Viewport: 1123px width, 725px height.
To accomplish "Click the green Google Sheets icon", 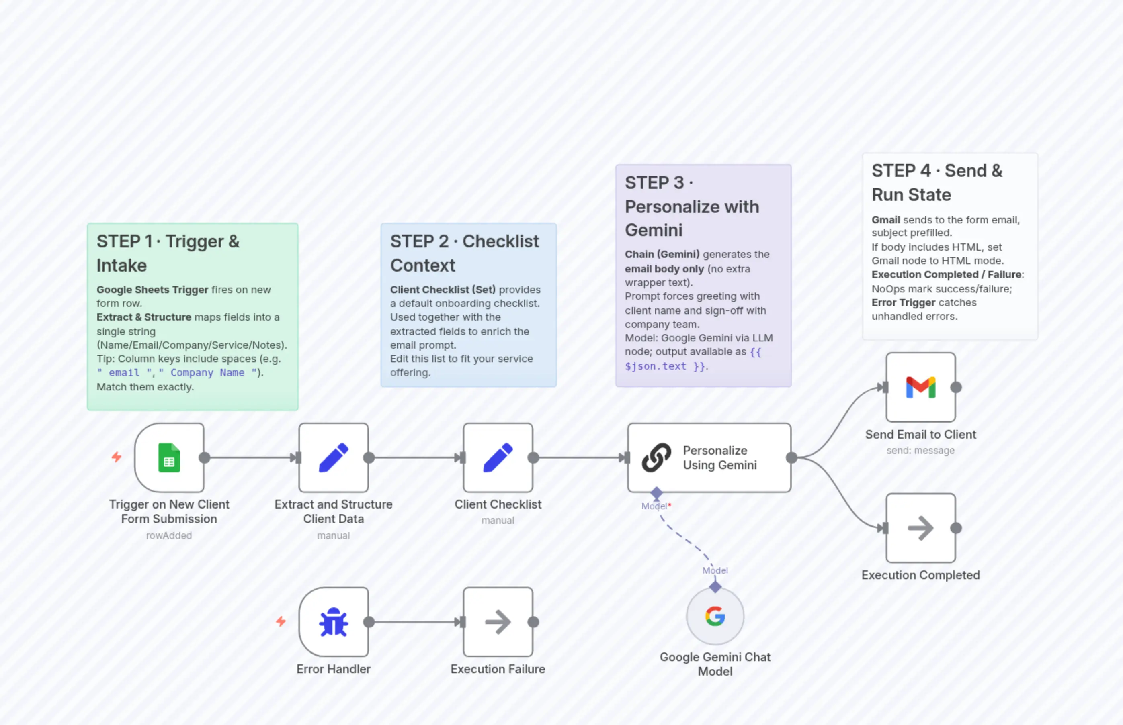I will [x=169, y=457].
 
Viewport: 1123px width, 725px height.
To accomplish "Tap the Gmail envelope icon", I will [x=920, y=388].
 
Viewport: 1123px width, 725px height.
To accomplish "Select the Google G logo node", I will [x=715, y=616].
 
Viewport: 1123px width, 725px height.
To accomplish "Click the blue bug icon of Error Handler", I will [x=334, y=622].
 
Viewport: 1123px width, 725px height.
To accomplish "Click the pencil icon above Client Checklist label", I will [x=498, y=457].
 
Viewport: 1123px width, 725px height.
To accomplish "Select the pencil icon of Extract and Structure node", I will [x=334, y=457].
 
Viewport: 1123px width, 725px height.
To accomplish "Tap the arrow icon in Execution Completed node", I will [x=920, y=528].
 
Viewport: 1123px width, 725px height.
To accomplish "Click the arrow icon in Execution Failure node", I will [x=498, y=622].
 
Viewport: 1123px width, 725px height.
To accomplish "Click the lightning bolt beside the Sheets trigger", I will [x=116, y=457].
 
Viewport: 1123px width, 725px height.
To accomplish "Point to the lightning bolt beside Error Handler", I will [x=281, y=621].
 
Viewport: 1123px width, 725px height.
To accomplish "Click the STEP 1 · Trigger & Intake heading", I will [x=168, y=253].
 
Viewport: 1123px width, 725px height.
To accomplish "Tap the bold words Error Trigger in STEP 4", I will [x=903, y=303].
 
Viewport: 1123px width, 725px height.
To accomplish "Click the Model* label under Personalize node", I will [x=656, y=506].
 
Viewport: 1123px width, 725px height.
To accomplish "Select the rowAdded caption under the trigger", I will [x=169, y=536].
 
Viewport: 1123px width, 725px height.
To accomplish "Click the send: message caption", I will [x=920, y=451].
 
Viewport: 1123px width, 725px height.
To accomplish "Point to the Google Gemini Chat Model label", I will [x=715, y=664].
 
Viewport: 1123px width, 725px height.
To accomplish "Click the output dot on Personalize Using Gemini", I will [x=791, y=457].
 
